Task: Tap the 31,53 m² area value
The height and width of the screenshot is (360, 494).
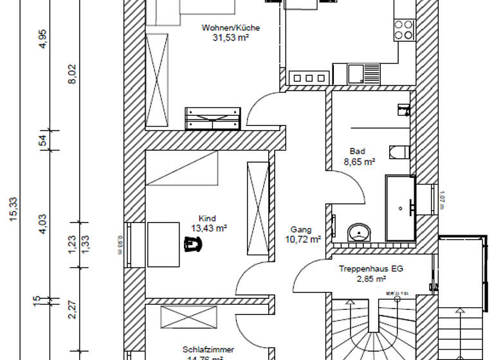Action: click(x=230, y=38)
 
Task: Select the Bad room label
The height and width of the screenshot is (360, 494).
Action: click(x=357, y=152)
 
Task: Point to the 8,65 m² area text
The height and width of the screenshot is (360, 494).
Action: click(x=360, y=163)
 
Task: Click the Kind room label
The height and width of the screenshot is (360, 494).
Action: click(x=208, y=217)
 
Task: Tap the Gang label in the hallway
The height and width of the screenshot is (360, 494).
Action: click(x=301, y=230)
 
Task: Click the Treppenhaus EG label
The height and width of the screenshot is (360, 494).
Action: click(x=371, y=269)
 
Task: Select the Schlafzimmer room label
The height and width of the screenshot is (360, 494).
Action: click(x=207, y=350)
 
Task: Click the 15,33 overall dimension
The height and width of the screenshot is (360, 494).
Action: click(x=14, y=210)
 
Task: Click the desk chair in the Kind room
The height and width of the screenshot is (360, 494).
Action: click(x=192, y=244)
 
